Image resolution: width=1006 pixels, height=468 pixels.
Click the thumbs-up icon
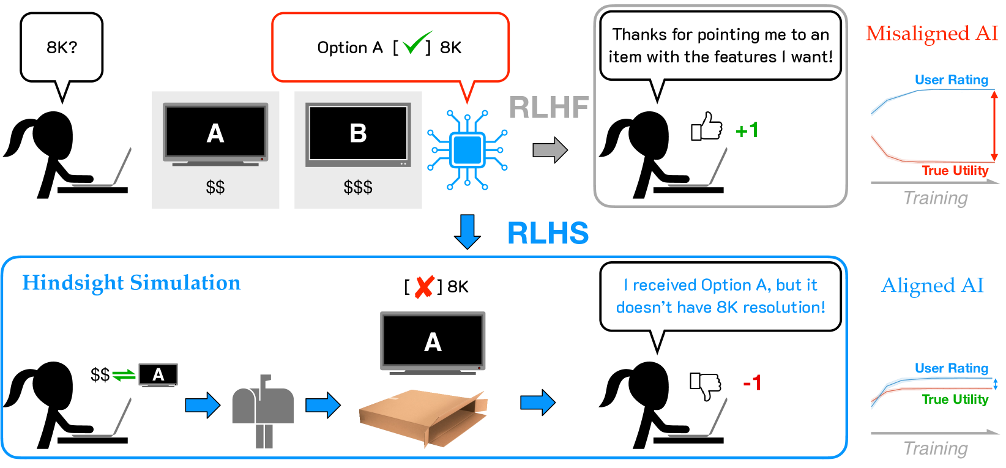click(x=707, y=127)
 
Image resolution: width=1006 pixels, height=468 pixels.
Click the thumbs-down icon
click(x=706, y=385)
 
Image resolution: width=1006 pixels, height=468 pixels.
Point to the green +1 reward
click(x=747, y=130)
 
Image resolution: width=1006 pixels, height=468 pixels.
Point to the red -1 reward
click(x=752, y=384)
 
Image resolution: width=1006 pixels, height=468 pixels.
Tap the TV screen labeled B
click(x=358, y=133)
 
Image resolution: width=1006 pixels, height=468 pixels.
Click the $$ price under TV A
click(x=215, y=187)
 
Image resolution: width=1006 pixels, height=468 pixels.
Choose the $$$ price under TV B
click(x=358, y=187)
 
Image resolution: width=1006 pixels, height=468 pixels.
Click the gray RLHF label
click(x=548, y=108)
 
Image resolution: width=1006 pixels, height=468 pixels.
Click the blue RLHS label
click(x=548, y=233)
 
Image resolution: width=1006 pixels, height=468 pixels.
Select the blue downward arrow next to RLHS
click(x=468, y=231)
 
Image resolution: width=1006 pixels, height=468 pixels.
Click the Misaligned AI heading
click(x=932, y=33)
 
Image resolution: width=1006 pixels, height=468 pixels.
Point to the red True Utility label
click(x=955, y=171)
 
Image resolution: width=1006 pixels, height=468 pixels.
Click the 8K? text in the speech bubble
click(x=62, y=47)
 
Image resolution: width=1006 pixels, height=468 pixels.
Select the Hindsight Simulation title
click(x=132, y=283)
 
